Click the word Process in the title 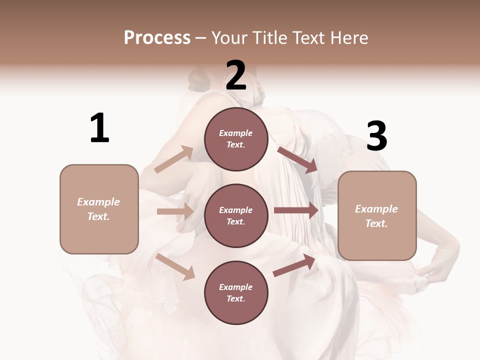(x=157, y=37)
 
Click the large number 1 (x=99, y=128)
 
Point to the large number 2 (x=236, y=75)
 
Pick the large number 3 (x=377, y=136)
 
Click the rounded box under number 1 (x=99, y=209)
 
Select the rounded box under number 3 (x=377, y=216)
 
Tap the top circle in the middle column (x=236, y=139)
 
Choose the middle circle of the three (x=236, y=215)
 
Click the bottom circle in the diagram (x=236, y=292)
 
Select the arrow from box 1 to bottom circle (x=175, y=266)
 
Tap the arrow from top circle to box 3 (x=297, y=159)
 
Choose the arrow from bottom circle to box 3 (x=294, y=265)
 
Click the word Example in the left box (x=98, y=202)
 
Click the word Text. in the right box (x=376, y=223)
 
